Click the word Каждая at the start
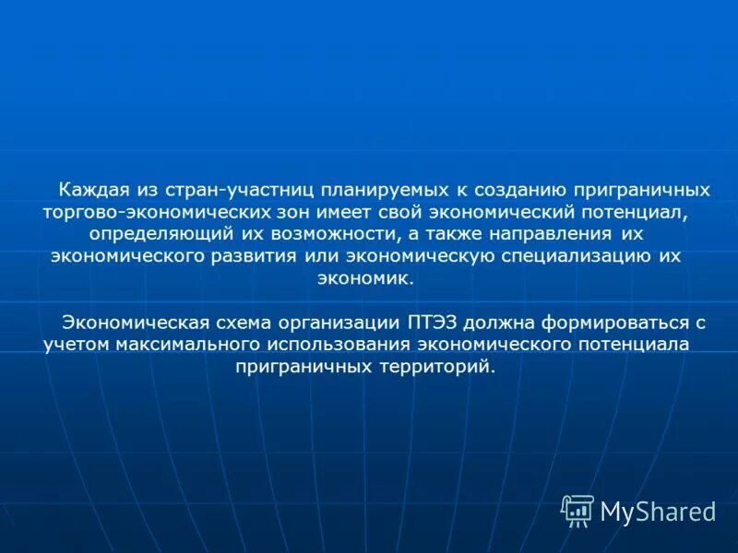point(90,190)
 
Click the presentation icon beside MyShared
point(577,511)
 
